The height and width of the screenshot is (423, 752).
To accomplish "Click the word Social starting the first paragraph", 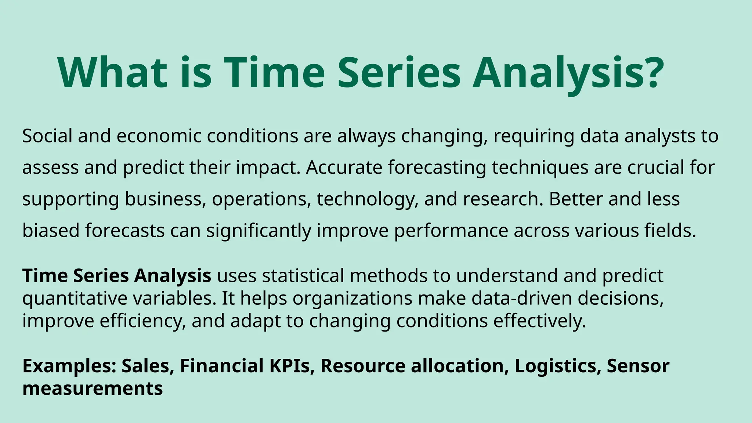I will click(47, 136).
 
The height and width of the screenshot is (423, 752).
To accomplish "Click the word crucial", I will click(656, 167).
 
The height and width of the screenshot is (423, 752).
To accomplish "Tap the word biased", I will click(51, 231).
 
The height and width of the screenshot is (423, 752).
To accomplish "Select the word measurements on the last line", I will click(93, 388).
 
